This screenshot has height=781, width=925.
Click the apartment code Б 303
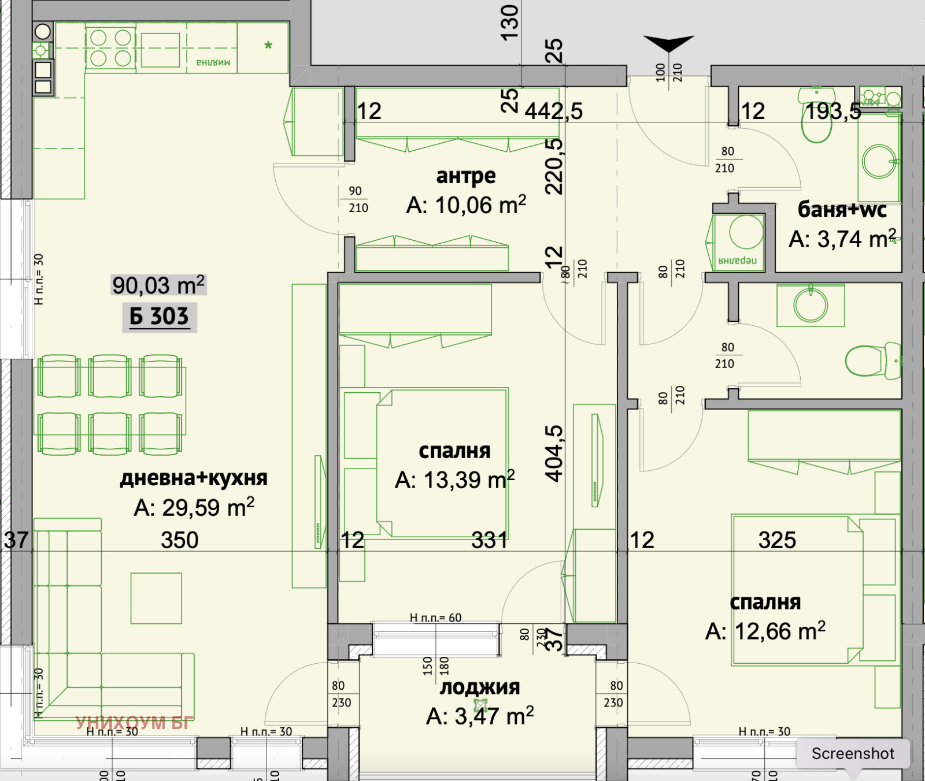(159, 317)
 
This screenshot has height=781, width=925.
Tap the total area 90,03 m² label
(158, 285)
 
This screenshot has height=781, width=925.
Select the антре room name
(466, 176)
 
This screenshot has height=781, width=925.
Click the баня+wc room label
(842, 210)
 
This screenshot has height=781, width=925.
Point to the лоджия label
(480, 687)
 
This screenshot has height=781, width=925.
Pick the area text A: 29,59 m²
(194, 508)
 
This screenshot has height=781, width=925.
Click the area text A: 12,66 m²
(765, 631)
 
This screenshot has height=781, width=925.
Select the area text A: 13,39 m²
(454, 480)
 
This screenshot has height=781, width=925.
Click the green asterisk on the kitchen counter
(268, 46)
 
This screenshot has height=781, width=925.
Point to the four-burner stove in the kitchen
(110, 48)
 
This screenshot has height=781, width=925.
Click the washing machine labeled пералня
(738, 243)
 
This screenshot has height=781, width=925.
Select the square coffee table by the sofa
(156, 598)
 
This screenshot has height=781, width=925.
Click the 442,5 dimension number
(554, 111)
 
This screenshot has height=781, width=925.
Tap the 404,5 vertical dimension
(554, 453)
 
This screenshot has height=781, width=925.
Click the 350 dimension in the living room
(179, 540)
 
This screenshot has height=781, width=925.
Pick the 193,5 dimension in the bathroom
(833, 111)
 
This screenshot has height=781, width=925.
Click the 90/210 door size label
(358, 199)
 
